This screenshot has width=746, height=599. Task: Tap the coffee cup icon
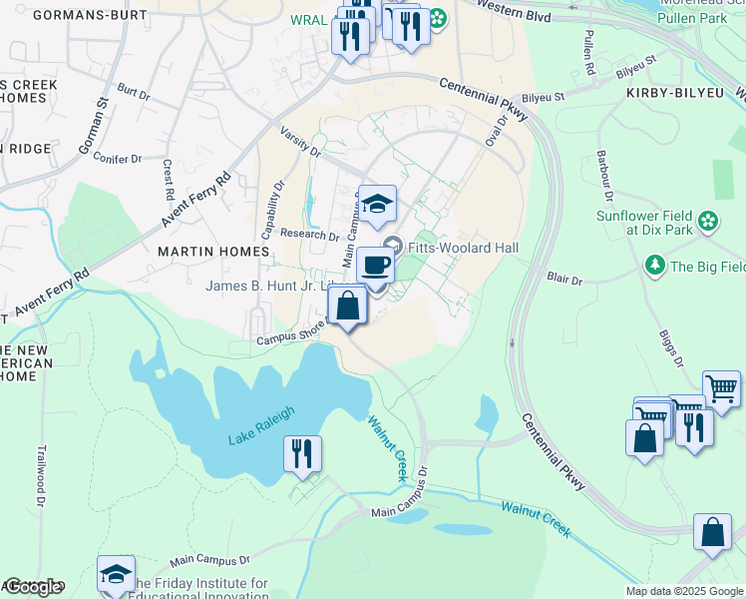click(x=375, y=266)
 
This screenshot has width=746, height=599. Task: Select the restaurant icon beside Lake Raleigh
click(x=301, y=453)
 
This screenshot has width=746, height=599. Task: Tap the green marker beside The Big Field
click(x=655, y=266)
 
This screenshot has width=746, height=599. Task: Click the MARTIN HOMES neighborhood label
click(x=202, y=253)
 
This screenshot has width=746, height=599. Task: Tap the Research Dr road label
click(x=310, y=236)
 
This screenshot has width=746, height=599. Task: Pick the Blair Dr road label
click(x=564, y=281)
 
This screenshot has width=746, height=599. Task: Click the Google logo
click(x=33, y=586)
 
